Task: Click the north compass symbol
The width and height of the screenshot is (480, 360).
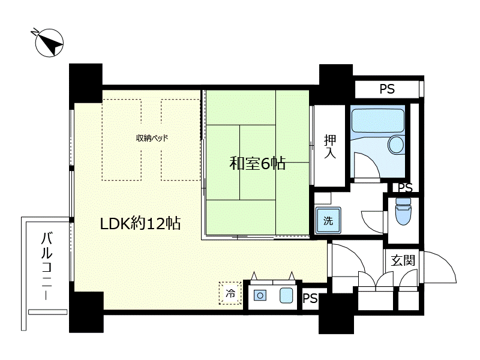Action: click(x=49, y=43)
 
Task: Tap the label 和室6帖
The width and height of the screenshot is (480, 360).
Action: click(x=257, y=163)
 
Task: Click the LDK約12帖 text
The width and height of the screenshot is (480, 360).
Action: click(x=140, y=223)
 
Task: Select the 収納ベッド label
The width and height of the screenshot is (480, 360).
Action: click(x=152, y=138)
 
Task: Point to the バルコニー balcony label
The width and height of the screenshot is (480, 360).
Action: click(x=47, y=266)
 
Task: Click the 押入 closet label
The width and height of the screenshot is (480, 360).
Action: click(x=329, y=146)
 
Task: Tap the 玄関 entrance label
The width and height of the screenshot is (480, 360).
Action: click(x=403, y=260)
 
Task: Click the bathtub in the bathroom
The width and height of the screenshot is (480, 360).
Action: click(x=378, y=121)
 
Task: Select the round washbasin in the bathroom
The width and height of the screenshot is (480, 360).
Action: click(x=396, y=145)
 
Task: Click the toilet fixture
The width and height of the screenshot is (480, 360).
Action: click(x=403, y=211)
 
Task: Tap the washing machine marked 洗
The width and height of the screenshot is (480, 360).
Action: click(x=328, y=220)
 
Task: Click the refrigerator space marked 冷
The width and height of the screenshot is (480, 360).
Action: click(x=230, y=293)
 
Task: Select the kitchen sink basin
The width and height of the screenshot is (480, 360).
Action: click(x=286, y=296)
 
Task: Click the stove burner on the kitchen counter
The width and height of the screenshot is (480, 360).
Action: click(x=260, y=296)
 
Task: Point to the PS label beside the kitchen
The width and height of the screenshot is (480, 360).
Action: click(x=310, y=298)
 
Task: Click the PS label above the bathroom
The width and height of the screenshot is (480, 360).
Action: click(x=387, y=89)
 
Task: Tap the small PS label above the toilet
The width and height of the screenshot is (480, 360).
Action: click(x=406, y=188)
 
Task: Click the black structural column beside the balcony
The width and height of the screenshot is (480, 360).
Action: click(x=86, y=312)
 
